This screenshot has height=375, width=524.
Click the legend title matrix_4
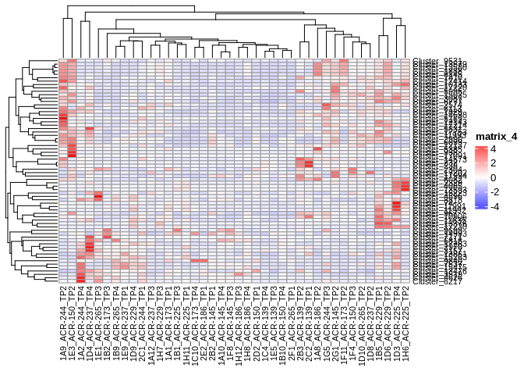497,138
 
